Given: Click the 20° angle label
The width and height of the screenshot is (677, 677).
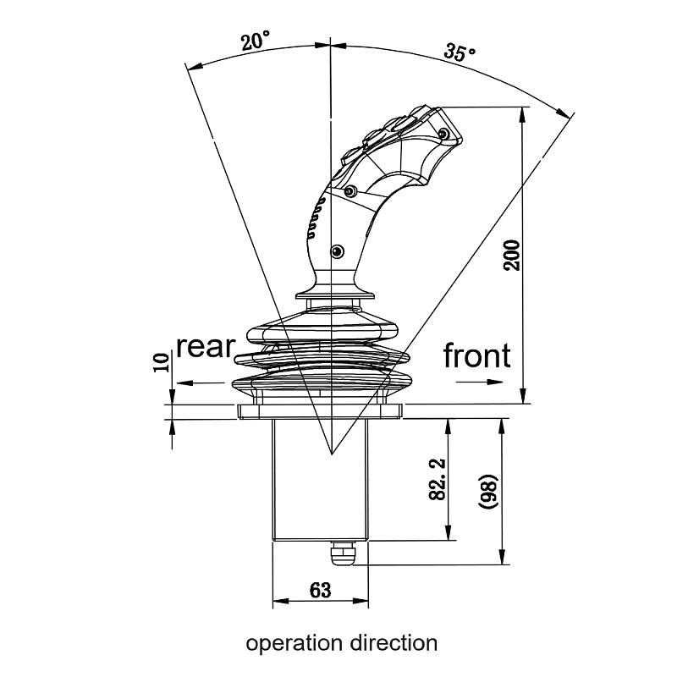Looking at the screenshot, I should (x=254, y=40).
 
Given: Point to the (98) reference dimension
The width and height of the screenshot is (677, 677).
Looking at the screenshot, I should (x=491, y=490).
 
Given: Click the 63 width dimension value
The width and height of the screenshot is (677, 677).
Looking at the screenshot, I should (x=320, y=590).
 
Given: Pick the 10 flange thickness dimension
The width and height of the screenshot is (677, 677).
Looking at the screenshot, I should (x=162, y=364).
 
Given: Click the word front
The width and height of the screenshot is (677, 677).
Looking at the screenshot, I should (x=477, y=356).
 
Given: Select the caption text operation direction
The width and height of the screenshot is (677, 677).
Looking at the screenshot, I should (x=342, y=643).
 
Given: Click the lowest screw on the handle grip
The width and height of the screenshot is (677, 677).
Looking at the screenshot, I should (x=338, y=250).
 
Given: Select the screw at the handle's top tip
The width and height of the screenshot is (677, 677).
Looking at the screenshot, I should (x=443, y=133).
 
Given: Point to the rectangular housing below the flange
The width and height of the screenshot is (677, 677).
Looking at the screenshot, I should (x=320, y=478).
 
